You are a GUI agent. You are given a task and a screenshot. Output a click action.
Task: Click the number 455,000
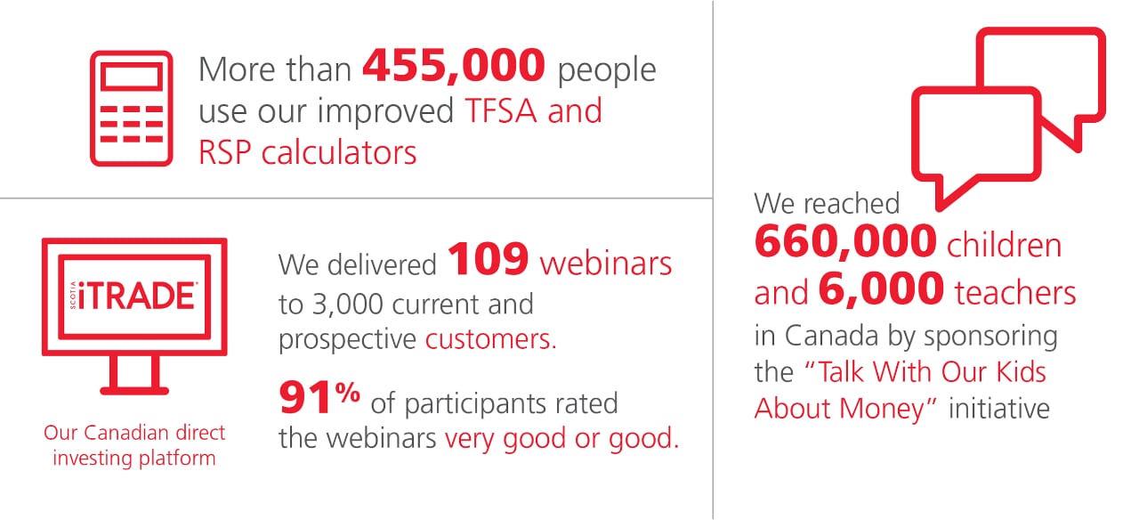click(454, 66)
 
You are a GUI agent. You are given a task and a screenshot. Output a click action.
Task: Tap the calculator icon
click(131, 109)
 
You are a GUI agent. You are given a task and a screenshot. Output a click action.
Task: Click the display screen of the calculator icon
click(131, 77)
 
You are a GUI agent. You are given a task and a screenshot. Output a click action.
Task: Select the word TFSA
click(501, 110)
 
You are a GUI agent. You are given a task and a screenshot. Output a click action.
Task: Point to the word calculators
click(339, 152)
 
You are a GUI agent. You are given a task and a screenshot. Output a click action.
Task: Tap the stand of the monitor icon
click(134, 375)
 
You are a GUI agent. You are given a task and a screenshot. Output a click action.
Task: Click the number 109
click(488, 259)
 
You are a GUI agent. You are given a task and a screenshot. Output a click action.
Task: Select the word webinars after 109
click(606, 264)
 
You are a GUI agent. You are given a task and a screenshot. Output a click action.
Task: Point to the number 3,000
click(347, 305)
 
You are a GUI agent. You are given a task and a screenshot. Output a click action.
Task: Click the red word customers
click(490, 339)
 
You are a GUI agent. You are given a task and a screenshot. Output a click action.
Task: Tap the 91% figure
click(319, 397)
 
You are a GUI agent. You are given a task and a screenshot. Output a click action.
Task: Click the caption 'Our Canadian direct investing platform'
click(134, 445)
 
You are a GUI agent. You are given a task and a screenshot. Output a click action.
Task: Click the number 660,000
click(845, 241)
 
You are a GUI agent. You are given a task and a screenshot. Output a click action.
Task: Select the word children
click(1005, 245)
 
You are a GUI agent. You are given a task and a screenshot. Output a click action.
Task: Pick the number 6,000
click(881, 289)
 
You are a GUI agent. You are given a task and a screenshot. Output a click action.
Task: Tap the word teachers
click(1015, 293)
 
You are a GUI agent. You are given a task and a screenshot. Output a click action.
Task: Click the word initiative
click(999, 409)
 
